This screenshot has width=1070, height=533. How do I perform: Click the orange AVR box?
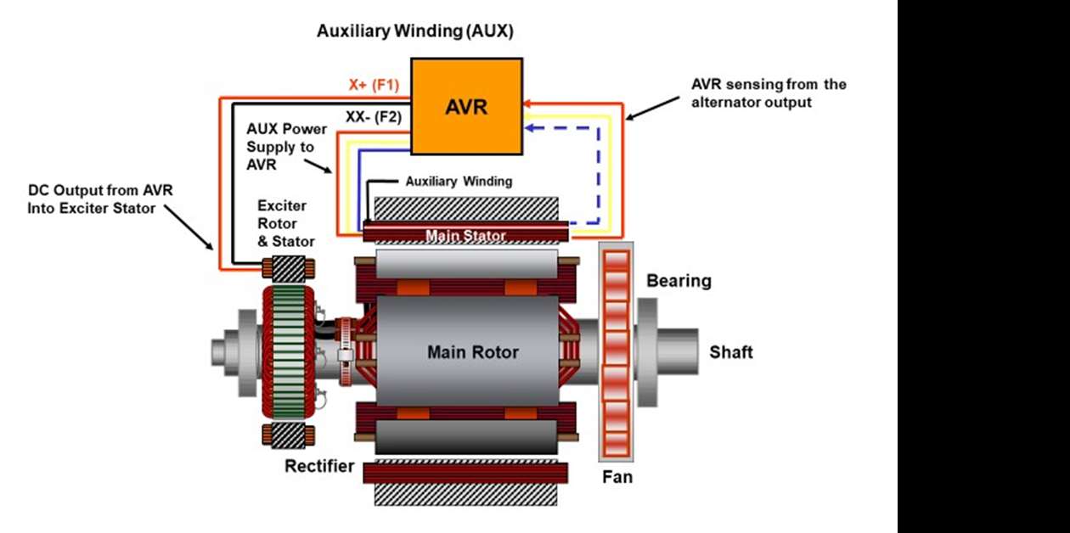tap(466, 106)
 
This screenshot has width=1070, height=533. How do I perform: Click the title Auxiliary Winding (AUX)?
tap(415, 31)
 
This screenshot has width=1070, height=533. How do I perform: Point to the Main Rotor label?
tap(472, 352)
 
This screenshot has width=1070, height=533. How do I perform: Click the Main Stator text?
tap(465, 235)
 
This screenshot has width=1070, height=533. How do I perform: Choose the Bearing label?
tap(679, 281)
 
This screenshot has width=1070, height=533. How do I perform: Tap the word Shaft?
tap(731, 351)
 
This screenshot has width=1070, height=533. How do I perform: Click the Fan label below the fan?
tap(617, 477)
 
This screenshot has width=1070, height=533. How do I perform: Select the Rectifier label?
tap(319, 466)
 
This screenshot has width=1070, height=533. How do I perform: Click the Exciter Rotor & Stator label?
tap(287, 224)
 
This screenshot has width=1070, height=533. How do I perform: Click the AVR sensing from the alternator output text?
tap(769, 93)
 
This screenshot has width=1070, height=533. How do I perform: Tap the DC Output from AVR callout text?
tap(100, 198)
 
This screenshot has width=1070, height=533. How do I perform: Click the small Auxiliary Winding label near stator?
tap(459, 181)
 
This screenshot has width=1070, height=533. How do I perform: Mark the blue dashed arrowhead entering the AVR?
tap(530, 129)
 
